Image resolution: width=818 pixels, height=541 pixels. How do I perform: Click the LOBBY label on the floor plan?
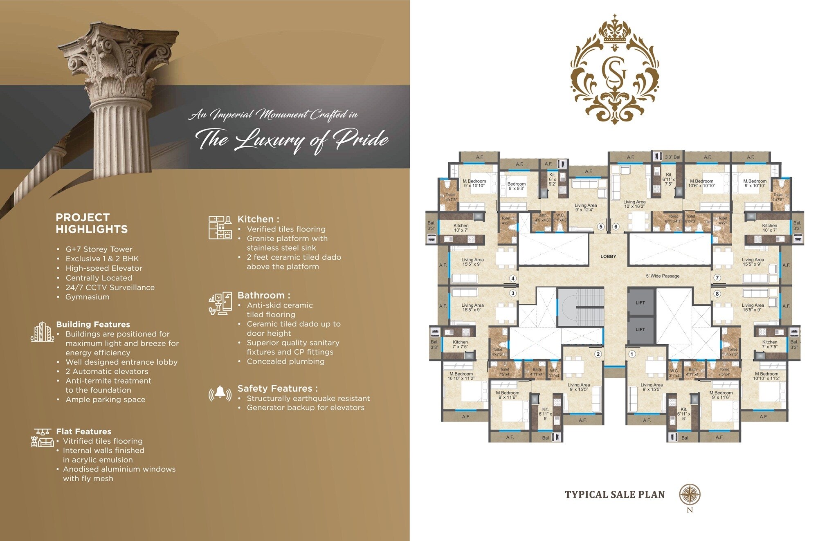[608, 256]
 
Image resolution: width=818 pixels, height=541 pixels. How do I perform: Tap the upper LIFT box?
[640, 303]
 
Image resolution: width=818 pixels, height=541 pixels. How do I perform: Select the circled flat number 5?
[601, 227]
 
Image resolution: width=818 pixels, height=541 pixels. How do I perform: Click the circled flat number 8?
[717, 294]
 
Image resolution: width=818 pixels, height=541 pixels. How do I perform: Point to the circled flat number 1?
[632, 354]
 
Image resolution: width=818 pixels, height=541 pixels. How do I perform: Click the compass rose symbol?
[690, 494]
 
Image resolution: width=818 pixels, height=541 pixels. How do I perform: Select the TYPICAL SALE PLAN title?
[614, 495]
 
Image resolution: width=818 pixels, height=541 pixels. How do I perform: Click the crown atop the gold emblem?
[615, 31]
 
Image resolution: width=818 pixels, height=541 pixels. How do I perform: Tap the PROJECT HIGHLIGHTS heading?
[92, 223]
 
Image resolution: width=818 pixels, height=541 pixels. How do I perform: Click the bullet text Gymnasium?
[88, 297]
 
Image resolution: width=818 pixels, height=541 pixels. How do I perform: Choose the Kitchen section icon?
[220, 228]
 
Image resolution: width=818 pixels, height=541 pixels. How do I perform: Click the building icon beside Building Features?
[42, 332]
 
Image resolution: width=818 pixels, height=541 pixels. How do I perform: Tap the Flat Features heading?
[83, 431]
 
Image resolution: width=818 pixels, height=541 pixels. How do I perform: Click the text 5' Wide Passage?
[663, 276]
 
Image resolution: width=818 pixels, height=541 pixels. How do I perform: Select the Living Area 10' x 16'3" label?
[634, 204]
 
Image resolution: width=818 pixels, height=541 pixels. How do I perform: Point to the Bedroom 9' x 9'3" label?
[516, 186]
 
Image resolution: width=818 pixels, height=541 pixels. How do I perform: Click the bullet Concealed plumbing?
[285, 361]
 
